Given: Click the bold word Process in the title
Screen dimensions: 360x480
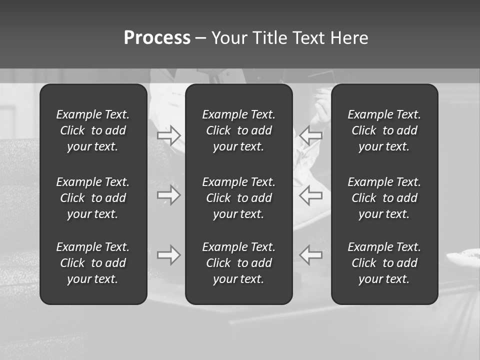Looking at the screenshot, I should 157,38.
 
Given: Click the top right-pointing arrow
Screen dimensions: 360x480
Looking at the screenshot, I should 169,135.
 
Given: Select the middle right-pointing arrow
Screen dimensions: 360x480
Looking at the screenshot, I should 169,195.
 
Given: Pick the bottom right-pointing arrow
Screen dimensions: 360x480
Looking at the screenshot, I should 169,255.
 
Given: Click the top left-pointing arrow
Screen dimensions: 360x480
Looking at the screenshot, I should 311,135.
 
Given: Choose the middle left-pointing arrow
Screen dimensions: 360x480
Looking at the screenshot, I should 311,195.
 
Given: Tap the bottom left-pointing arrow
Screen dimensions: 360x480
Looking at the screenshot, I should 311,255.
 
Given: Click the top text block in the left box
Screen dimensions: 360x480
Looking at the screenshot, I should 93,130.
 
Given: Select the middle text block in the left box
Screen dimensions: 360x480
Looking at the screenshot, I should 93,198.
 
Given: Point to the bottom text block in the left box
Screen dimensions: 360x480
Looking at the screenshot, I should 93,263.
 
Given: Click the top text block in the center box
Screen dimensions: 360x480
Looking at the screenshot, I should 239,130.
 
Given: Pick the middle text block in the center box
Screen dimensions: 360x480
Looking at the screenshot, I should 239,198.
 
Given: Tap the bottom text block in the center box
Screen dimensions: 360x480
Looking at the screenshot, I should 239,263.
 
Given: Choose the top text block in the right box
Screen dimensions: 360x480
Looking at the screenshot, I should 384,130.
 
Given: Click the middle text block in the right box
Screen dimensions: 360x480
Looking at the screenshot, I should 384,198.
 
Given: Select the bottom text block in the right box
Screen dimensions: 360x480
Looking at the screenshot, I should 384,263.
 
